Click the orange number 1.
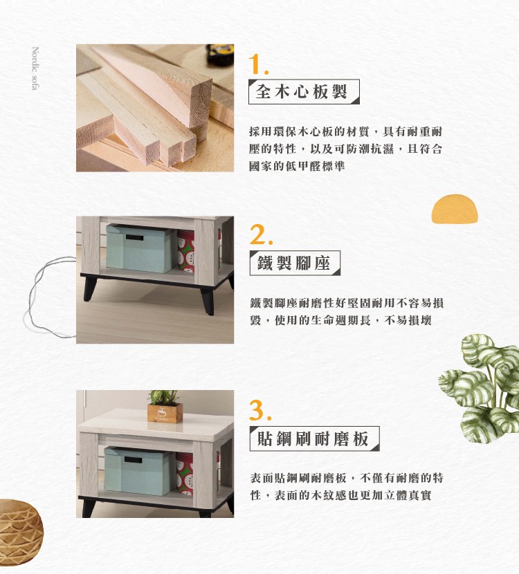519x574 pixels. pos(257,66)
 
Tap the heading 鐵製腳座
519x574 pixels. pos(293,263)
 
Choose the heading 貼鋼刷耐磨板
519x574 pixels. pos(313,438)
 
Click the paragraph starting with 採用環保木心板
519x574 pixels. pos(345,149)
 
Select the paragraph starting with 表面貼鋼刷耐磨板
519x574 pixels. pos(345,487)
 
